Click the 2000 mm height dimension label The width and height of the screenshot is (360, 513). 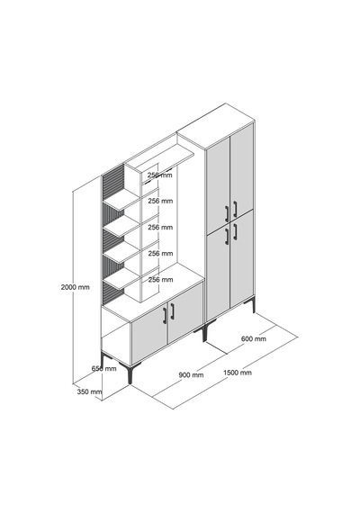point(75,287)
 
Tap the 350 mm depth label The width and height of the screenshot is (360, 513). point(89,391)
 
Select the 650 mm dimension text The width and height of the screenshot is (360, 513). point(103,368)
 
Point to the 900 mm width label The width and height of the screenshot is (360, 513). point(191,374)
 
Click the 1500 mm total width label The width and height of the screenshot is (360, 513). point(238,373)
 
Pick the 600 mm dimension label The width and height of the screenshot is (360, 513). point(254,338)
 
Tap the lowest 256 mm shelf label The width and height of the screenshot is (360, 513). point(160,279)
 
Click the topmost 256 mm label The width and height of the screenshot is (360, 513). point(159,175)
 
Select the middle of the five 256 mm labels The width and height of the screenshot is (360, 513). point(160,227)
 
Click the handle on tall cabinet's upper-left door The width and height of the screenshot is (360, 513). point(227,214)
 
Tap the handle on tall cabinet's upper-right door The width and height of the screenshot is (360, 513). point(235,209)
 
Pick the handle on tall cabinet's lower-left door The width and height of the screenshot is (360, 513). point(227,237)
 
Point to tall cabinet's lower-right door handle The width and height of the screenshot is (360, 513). point(235,231)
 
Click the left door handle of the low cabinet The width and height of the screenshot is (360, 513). point(165,316)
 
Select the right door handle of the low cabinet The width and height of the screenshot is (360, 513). point(172,311)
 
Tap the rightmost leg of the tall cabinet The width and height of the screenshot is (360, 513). point(253,305)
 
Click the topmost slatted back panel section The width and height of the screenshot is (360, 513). point(113,184)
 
